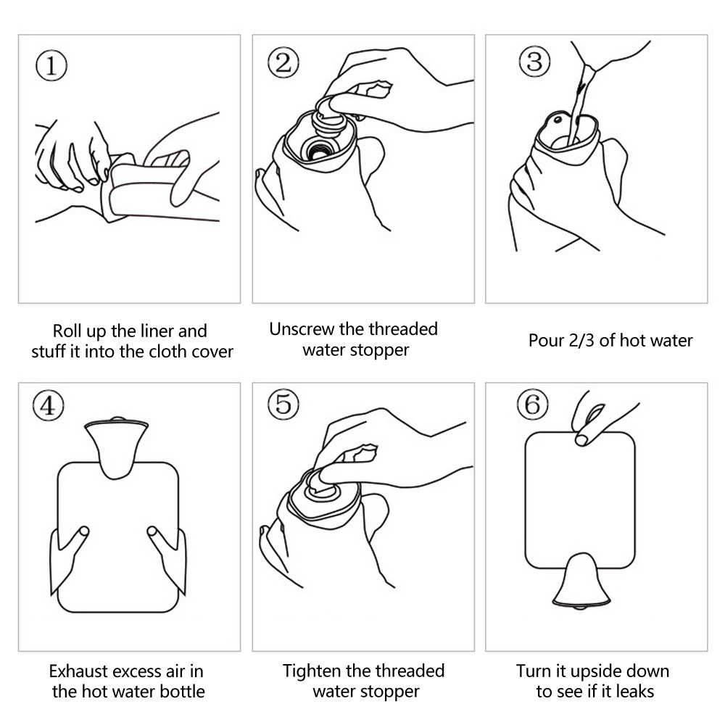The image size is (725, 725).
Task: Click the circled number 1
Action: point(51,65)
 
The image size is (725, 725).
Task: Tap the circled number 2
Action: point(283,62)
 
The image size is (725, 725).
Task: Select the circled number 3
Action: point(534,62)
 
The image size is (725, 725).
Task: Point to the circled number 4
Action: point(48,406)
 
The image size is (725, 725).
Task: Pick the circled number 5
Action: point(283,404)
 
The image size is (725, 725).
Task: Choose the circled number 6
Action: point(533,404)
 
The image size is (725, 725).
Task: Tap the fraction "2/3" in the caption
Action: point(581,341)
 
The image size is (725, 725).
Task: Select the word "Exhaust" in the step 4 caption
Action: point(79,671)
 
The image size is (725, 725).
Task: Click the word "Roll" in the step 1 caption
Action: point(67,331)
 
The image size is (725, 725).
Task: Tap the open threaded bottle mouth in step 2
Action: point(319,149)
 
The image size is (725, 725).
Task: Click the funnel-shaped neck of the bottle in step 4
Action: point(117,446)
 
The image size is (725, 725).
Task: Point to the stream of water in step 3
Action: point(580,104)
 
